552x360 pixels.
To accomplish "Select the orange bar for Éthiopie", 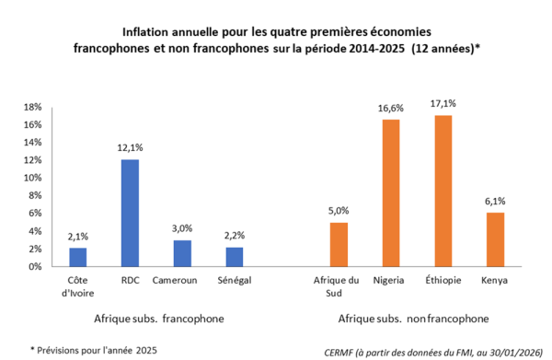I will (443, 191).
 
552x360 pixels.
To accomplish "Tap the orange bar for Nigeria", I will (391, 193).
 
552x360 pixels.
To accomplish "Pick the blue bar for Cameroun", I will (183, 253).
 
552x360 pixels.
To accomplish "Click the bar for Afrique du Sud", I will (339, 244).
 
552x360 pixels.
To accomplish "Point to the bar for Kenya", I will (494, 239).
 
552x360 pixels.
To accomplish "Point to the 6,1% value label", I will (494, 202).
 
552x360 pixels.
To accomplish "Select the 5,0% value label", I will (339, 212).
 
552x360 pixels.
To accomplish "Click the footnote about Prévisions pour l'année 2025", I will (94, 349).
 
